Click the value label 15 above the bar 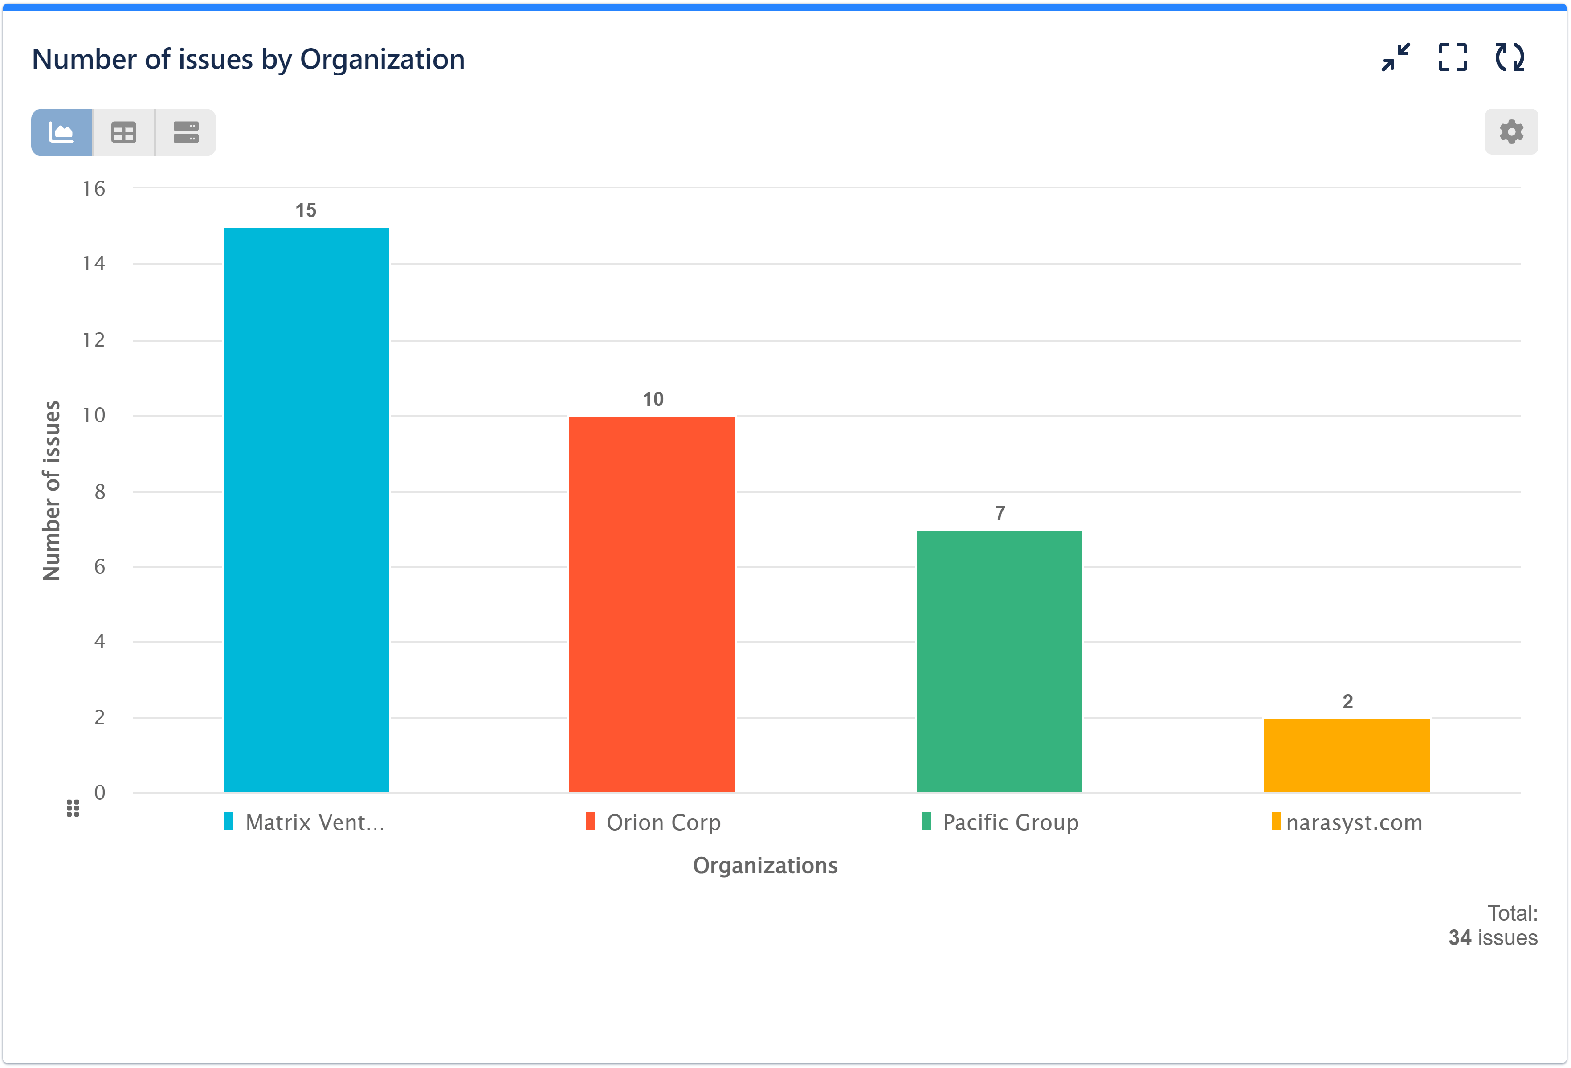click(306, 210)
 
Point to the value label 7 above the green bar click(1000, 513)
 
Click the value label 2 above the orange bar click(1347, 702)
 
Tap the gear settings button click(1511, 132)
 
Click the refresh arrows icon click(1510, 57)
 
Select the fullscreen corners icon click(1453, 57)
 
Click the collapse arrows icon click(1395, 57)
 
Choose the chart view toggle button click(61, 133)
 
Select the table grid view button click(124, 133)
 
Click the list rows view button click(186, 133)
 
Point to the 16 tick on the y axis click(94, 189)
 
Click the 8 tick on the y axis click(100, 492)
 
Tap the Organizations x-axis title click(764, 866)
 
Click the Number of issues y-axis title click(51, 491)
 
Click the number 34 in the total click(1460, 938)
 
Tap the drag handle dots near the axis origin click(73, 808)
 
